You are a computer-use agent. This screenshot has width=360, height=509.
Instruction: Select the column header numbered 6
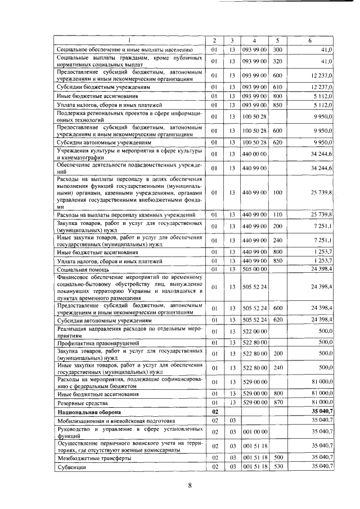tap(310, 40)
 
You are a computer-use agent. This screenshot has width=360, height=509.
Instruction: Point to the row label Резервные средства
tap(82, 403)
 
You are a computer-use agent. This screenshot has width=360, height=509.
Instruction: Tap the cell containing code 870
tap(277, 403)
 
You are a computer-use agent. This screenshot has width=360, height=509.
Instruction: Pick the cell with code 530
tap(277, 467)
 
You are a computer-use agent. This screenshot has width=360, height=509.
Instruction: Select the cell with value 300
tap(277, 50)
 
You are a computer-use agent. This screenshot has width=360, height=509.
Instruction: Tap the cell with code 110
tap(277, 214)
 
